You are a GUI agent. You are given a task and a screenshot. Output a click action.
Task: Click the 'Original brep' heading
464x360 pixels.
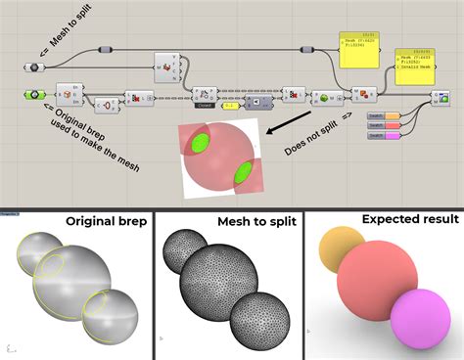point(106,221)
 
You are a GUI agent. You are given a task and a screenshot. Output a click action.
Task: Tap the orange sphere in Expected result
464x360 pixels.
point(343,248)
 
